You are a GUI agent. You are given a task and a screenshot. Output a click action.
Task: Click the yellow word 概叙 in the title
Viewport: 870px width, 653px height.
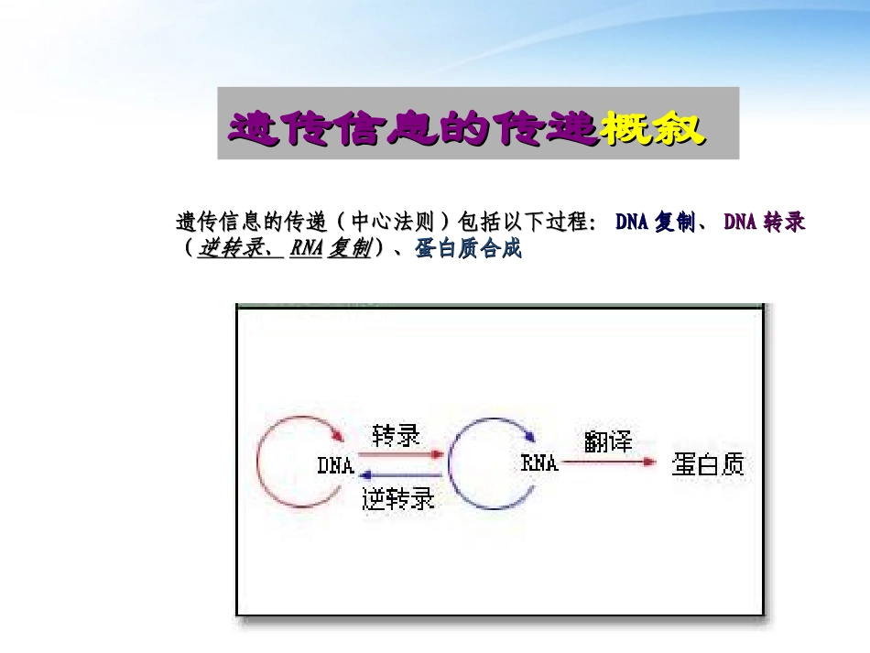click(x=652, y=129)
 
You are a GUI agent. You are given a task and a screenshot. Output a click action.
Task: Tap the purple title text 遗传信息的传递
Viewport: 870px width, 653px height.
click(x=412, y=129)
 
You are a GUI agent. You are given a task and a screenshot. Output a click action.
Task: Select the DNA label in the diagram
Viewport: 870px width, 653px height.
click(x=335, y=465)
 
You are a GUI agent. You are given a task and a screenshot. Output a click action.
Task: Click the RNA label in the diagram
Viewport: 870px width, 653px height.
click(x=539, y=463)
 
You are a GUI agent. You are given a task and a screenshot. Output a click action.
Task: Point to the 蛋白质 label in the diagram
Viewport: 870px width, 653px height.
click(x=708, y=464)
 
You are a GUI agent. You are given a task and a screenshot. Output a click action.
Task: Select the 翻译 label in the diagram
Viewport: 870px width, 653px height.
click(x=608, y=441)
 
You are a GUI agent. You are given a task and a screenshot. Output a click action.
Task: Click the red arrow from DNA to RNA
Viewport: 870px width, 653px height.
click(x=399, y=453)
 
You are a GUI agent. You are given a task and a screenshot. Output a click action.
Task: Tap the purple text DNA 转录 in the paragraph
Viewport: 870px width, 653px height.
click(x=765, y=223)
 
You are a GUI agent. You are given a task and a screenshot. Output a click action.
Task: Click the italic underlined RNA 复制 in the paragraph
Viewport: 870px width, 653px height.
click(x=331, y=249)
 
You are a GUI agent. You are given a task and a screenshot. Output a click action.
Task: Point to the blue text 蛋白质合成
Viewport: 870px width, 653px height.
click(x=468, y=249)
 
